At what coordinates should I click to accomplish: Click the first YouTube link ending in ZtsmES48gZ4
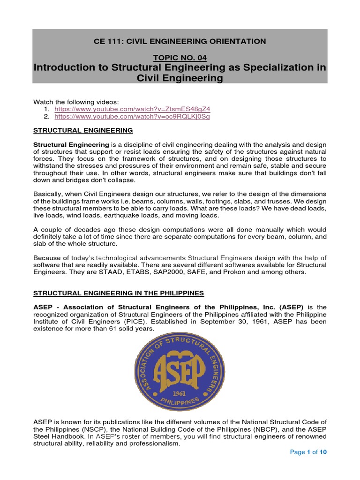(132, 109)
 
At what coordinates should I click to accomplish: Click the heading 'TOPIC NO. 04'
(180, 57)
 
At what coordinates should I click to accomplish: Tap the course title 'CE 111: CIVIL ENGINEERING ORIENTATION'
(180, 41)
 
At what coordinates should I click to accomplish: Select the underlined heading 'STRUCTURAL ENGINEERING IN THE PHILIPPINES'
(119, 293)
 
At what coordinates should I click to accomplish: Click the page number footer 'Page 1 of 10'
(308, 452)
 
